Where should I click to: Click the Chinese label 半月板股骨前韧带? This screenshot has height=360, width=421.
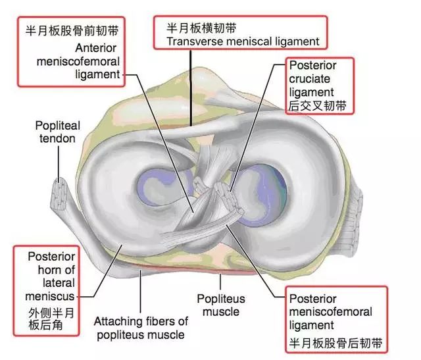[x=69, y=30]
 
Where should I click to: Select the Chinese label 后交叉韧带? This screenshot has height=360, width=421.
[x=317, y=105]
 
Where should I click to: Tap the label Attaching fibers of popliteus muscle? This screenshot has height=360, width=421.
[x=141, y=328]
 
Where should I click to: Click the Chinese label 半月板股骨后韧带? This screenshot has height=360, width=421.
[x=336, y=343]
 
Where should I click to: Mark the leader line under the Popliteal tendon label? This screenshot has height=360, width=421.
[x=59, y=161]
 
